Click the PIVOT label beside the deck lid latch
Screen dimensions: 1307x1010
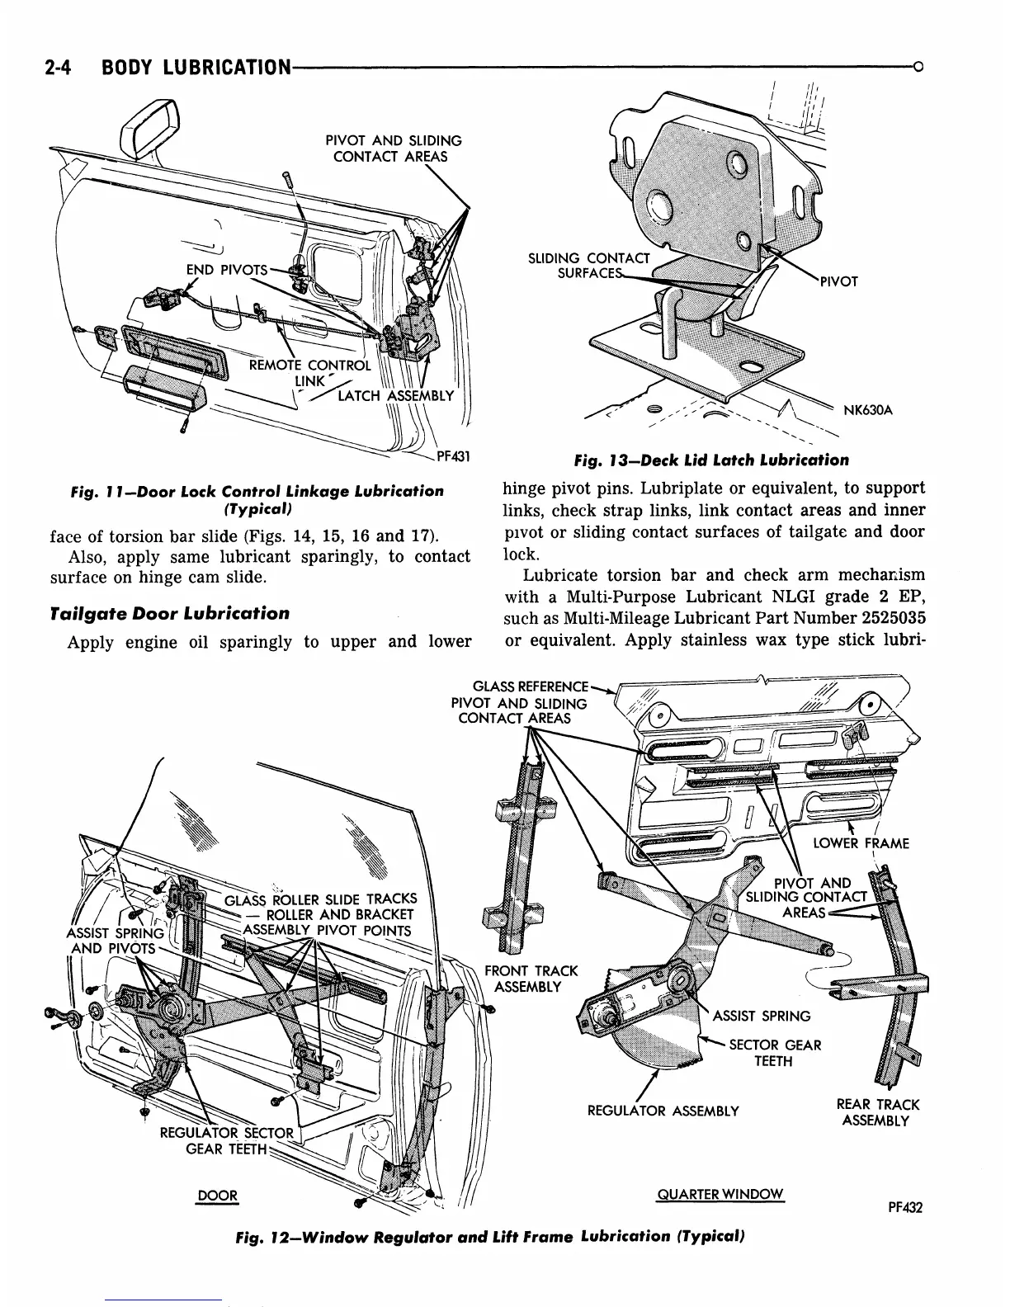[x=838, y=281]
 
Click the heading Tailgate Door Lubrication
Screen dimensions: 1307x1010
[x=170, y=613]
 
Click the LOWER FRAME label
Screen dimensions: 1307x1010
[x=861, y=843]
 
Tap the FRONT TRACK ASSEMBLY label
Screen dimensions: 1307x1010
[x=531, y=979]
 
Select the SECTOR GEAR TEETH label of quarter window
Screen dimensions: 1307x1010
[x=774, y=1053]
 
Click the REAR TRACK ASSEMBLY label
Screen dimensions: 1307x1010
[x=877, y=1112]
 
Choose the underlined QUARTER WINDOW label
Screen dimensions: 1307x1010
[x=720, y=1195]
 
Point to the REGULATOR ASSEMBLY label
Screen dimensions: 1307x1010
[x=663, y=1111]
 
